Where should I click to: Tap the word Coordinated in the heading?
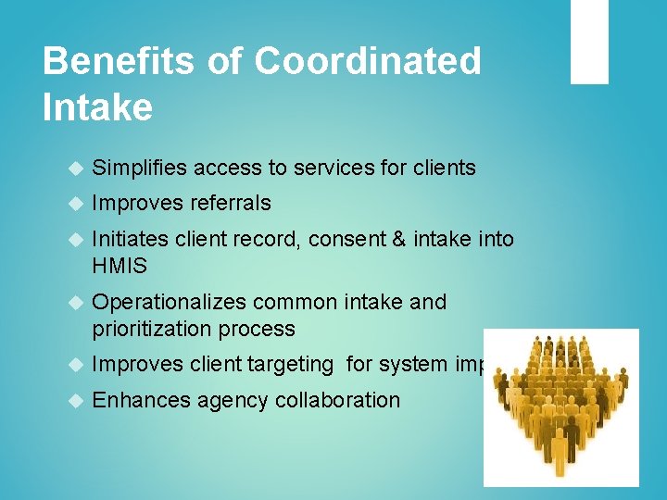(368, 62)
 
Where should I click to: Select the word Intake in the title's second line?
(97, 108)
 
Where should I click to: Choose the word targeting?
(290, 365)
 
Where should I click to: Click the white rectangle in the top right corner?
(589, 42)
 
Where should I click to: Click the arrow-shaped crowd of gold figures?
(562, 406)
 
